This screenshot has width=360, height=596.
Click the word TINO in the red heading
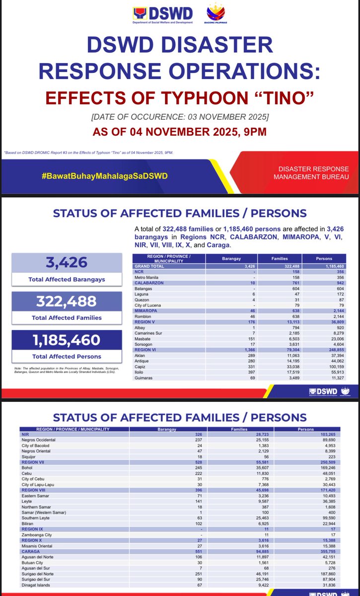point(282,95)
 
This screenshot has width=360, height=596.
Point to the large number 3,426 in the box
point(66,262)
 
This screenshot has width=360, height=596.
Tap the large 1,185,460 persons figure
point(66,340)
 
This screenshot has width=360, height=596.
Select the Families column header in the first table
point(280,258)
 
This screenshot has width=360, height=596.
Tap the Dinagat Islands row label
point(37,584)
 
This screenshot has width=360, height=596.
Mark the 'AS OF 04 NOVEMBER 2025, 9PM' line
point(180,132)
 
